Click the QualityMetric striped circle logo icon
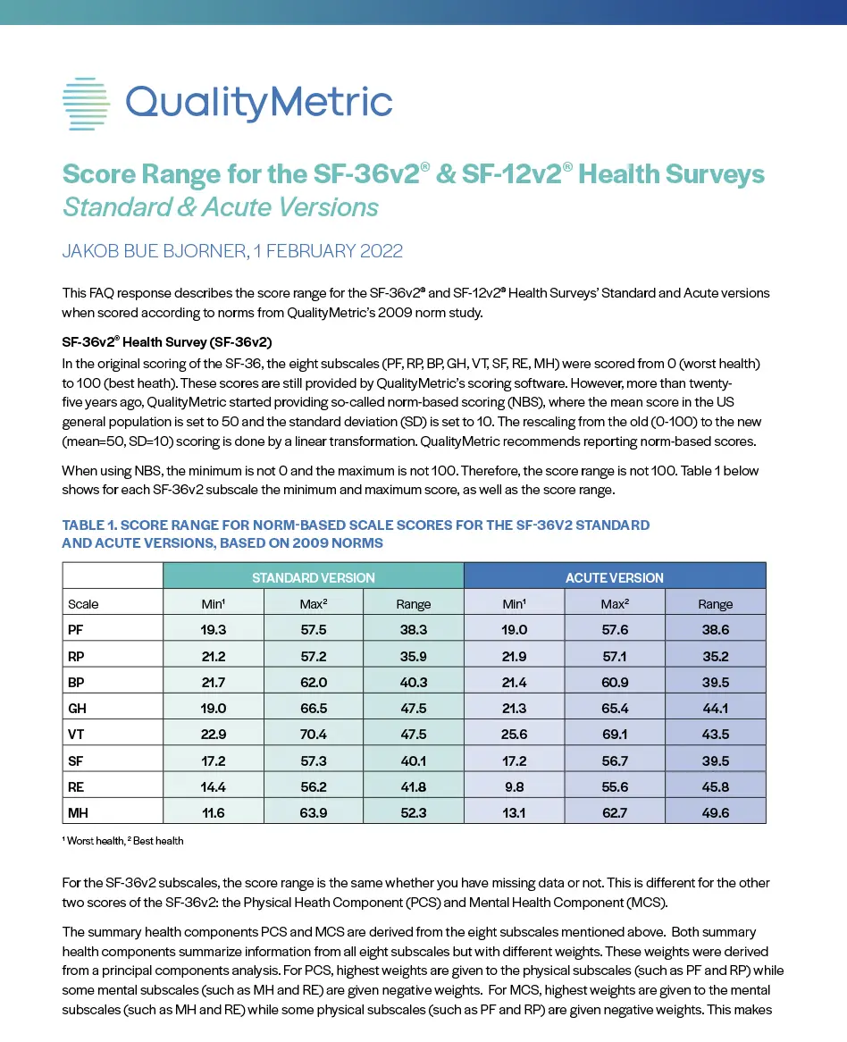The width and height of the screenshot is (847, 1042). click(x=86, y=104)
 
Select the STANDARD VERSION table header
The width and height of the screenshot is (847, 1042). click(x=313, y=577)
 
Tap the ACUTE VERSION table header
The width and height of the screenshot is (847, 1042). click(x=615, y=577)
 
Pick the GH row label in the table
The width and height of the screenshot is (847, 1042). click(x=77, y=708)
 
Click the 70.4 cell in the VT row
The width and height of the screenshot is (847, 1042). click(x=313, y=734)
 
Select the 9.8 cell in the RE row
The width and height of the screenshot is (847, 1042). click(x=515, y=786)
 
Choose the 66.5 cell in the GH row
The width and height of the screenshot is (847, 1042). click(x=313, y=708)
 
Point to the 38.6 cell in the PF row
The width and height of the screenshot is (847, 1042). click(x=716, y=630)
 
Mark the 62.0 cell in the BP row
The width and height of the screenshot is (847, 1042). click(x=313, y=682)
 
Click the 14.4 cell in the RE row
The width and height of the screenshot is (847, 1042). click(x=213, y=786)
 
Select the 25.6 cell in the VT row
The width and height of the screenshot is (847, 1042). click(x=515, y=734)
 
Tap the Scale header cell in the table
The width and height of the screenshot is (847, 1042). click(x=84, y=604)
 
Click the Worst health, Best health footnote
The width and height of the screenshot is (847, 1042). click(x=122, y=841)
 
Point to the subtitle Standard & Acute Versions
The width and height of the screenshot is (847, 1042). click(x=220, y=207)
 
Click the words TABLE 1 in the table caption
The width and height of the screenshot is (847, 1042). click(x=90, y=525)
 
